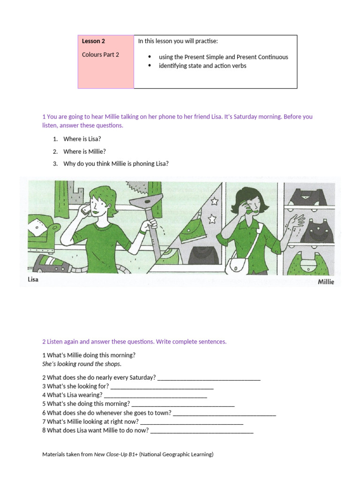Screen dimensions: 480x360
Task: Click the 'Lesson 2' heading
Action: tap(93, 41)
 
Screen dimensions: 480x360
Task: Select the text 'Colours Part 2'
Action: tap(100, 54)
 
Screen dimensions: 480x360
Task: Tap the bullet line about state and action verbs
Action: tap(202, 66)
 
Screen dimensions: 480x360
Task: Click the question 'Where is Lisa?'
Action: tap(82, 139)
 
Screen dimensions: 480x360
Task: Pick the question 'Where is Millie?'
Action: tap(84, 151)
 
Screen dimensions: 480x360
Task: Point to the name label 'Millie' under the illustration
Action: tap(326, 282)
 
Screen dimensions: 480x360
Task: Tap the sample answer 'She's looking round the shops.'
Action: tap(82, 364)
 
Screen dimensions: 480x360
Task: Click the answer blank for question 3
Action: tap(162, 386)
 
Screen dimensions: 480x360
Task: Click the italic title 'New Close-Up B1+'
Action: tap(116, 454)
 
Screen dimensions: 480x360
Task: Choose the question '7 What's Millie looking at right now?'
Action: tap(90, 421)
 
